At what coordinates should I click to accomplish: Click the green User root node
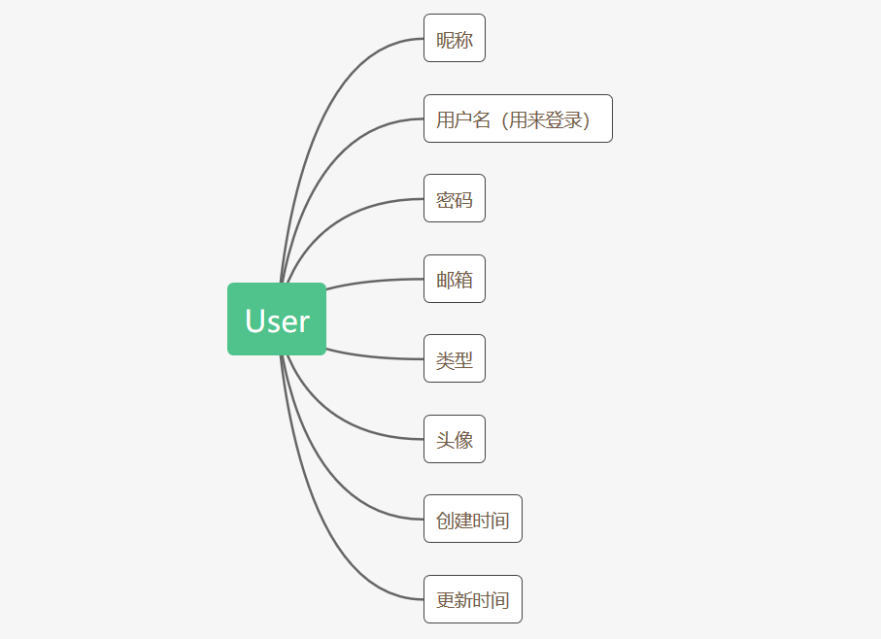[x=277, y=319]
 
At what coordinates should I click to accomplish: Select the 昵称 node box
[x=454, y=39]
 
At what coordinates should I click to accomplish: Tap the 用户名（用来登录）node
[x=518, y=118]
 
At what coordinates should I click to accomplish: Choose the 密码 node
[x=454, y=199]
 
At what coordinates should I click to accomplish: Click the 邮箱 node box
[x=454, y=279]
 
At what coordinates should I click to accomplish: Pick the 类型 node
[x=454, y=359]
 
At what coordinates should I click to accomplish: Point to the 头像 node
[x=454, y=439]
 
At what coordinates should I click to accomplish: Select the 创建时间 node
[x=472, y=520]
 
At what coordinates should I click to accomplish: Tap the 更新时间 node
[x=472, y=599]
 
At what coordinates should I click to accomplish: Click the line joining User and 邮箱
[x=379, y=281]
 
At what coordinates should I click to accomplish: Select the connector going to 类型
[x=379, y=356]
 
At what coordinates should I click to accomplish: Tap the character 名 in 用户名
[x=482, y=119]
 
